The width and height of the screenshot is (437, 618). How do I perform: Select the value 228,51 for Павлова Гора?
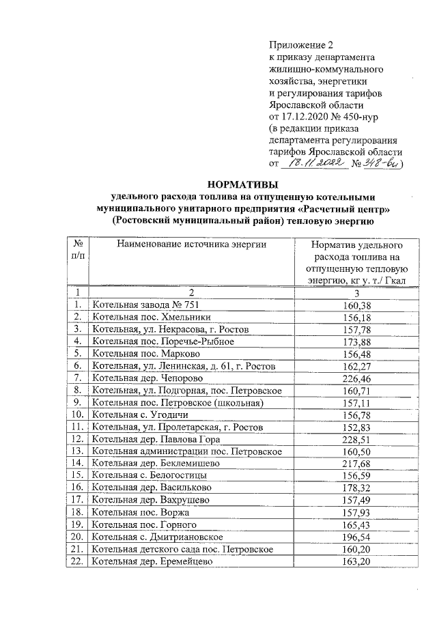tap(355, 438)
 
